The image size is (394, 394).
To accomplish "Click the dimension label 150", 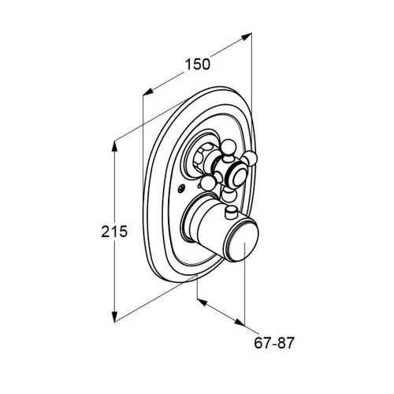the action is click(x=198, y=65).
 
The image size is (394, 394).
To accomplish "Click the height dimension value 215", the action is click(x=114, y=232).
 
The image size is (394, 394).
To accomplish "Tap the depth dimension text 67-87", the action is click(x=274, y=343).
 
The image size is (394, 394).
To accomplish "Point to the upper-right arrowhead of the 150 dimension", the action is click(x=247, y=37).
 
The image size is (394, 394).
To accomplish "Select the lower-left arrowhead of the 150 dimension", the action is click(x=148, y=91).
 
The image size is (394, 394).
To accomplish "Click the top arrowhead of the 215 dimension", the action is click(x=114, y=147).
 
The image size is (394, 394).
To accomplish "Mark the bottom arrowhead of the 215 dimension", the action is click(x=114, y=316).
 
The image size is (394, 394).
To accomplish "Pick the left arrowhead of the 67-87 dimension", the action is click(x=203, y=302).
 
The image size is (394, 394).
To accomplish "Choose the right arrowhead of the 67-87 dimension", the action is click(x=240, y=322).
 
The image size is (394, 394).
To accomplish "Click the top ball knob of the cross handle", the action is click(x=229, y=147).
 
